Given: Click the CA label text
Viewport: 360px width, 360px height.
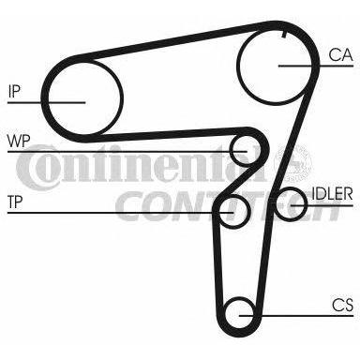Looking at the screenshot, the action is pos(340,55).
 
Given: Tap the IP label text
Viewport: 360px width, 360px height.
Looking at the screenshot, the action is pos(14,91).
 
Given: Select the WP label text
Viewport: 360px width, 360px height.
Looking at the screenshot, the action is pos(19,141).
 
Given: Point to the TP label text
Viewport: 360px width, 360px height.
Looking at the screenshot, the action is pos(15,202).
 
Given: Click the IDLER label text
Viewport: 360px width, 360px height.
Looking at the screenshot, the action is pos(332,194).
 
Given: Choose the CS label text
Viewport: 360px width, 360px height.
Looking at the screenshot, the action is pos(342,305).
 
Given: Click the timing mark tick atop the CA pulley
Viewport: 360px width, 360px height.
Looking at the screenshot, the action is pos(284,34).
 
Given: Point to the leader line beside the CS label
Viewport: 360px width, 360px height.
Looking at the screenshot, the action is pos(296,316).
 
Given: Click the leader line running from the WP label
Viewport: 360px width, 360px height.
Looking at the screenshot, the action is pos(127,152).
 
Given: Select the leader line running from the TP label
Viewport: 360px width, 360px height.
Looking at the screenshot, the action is pos(120,213).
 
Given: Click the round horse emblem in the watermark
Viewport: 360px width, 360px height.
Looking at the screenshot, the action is pos(292,163).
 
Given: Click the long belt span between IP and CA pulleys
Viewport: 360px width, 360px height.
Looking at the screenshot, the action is pos(175,40).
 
